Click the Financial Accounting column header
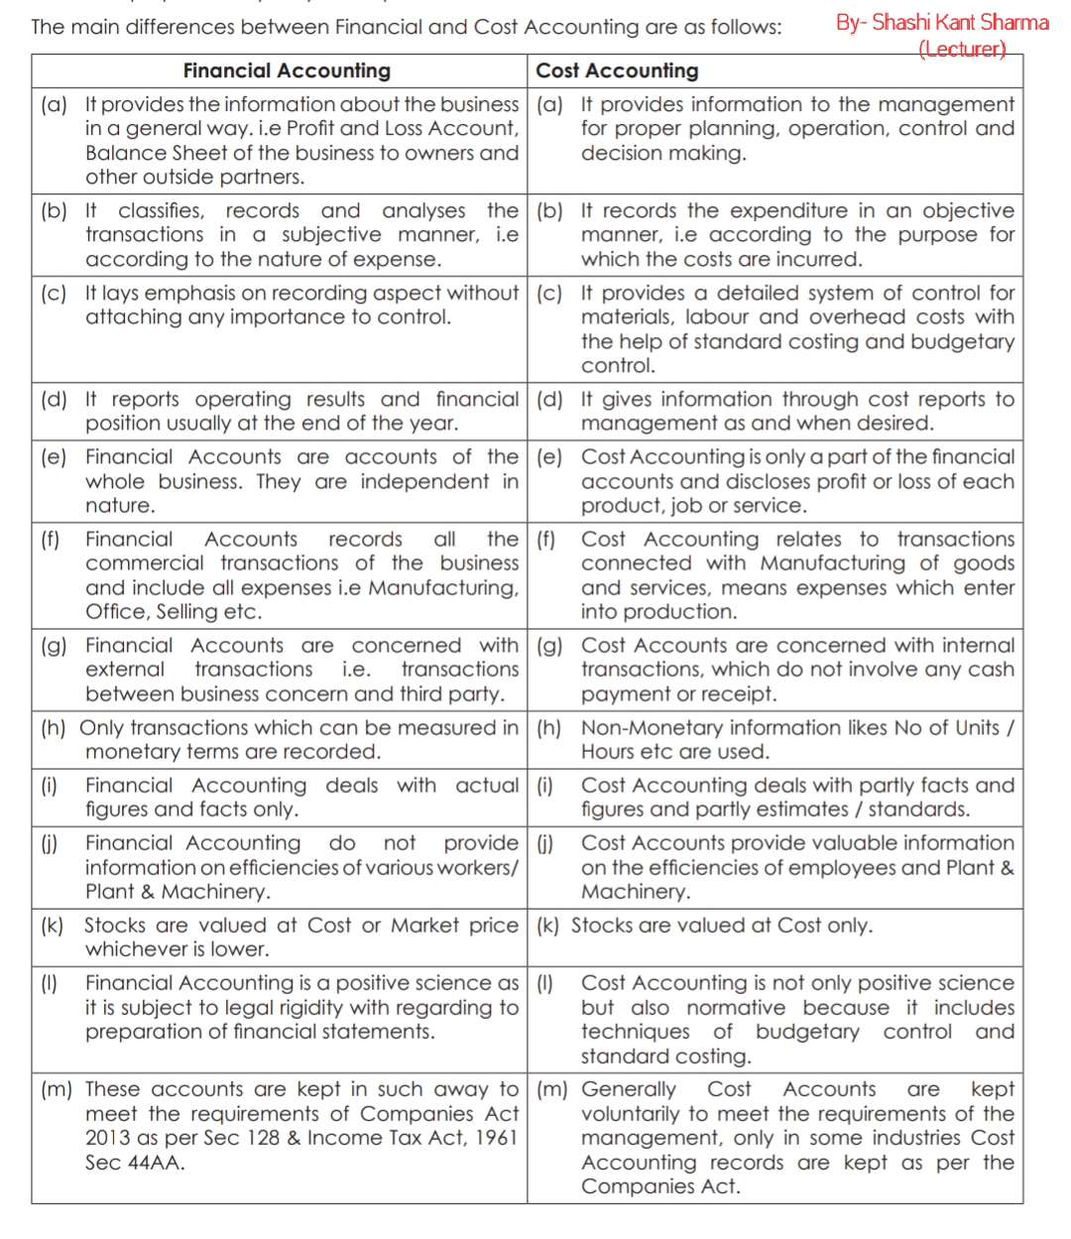(287, 70)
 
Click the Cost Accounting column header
(617, 70)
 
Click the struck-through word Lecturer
(962, 49)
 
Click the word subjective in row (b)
(331, 235)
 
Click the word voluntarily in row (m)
(631, 1114)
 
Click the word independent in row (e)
(424, 482)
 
